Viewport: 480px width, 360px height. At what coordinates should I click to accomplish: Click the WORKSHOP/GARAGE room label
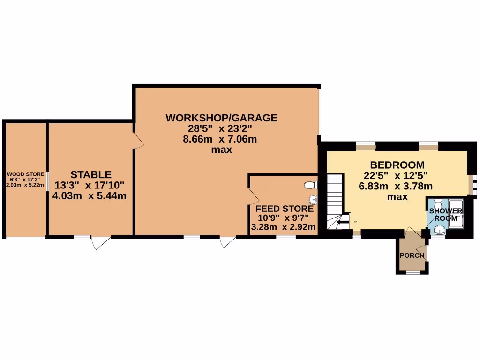(x=221, y=118)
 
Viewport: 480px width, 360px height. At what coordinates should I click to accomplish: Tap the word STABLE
(x=91, y=175)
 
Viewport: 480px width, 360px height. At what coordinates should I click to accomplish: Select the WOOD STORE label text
(x=26, y=174)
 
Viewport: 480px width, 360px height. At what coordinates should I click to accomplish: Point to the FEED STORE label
(x=284, y=209)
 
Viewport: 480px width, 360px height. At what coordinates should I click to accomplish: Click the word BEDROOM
(x=397, y=165)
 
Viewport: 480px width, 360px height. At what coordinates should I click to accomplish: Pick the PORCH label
(x=412, y=255)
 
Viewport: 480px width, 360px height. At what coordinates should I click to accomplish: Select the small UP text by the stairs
(x=354, y=222)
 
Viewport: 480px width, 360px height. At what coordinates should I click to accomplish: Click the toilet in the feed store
(x=310, y=185)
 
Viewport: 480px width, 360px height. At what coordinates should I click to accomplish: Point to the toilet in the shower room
(x=436, y=204)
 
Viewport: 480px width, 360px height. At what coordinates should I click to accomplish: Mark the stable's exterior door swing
(x=101, y=242)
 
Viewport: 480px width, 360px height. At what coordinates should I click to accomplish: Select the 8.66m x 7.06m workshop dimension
(x=221, y=139)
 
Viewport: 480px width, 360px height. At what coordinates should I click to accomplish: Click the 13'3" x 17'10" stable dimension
(x=91, y=185)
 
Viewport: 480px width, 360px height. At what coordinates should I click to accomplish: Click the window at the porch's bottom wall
(x=412, y=272)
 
